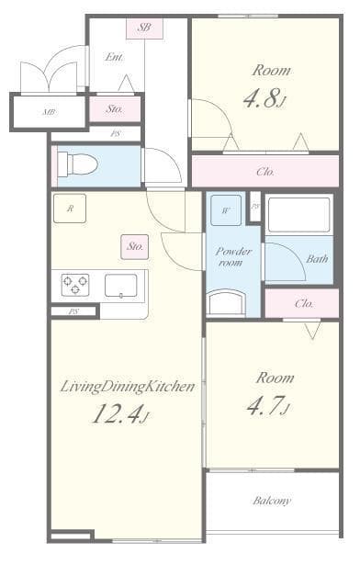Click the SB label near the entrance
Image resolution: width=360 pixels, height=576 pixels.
(144, 28)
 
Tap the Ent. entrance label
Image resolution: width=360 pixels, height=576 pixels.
(115, 57)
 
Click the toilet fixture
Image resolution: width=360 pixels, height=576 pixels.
(77, 164)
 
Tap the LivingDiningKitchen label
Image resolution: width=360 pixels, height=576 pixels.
(128, 386)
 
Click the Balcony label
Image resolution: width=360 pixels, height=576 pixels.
(272, 501)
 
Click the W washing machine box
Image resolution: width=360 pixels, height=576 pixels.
(226, 209)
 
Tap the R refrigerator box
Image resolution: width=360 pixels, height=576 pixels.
(70, 209)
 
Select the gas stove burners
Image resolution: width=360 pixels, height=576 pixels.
(74, 285)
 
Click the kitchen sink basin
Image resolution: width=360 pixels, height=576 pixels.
(120, 286)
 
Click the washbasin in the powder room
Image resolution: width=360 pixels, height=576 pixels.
(227, 303)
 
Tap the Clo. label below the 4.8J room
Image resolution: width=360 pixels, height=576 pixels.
(265, 171)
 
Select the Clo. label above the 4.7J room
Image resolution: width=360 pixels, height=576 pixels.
(304, 303)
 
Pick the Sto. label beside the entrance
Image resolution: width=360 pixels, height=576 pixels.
(115, 108)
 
